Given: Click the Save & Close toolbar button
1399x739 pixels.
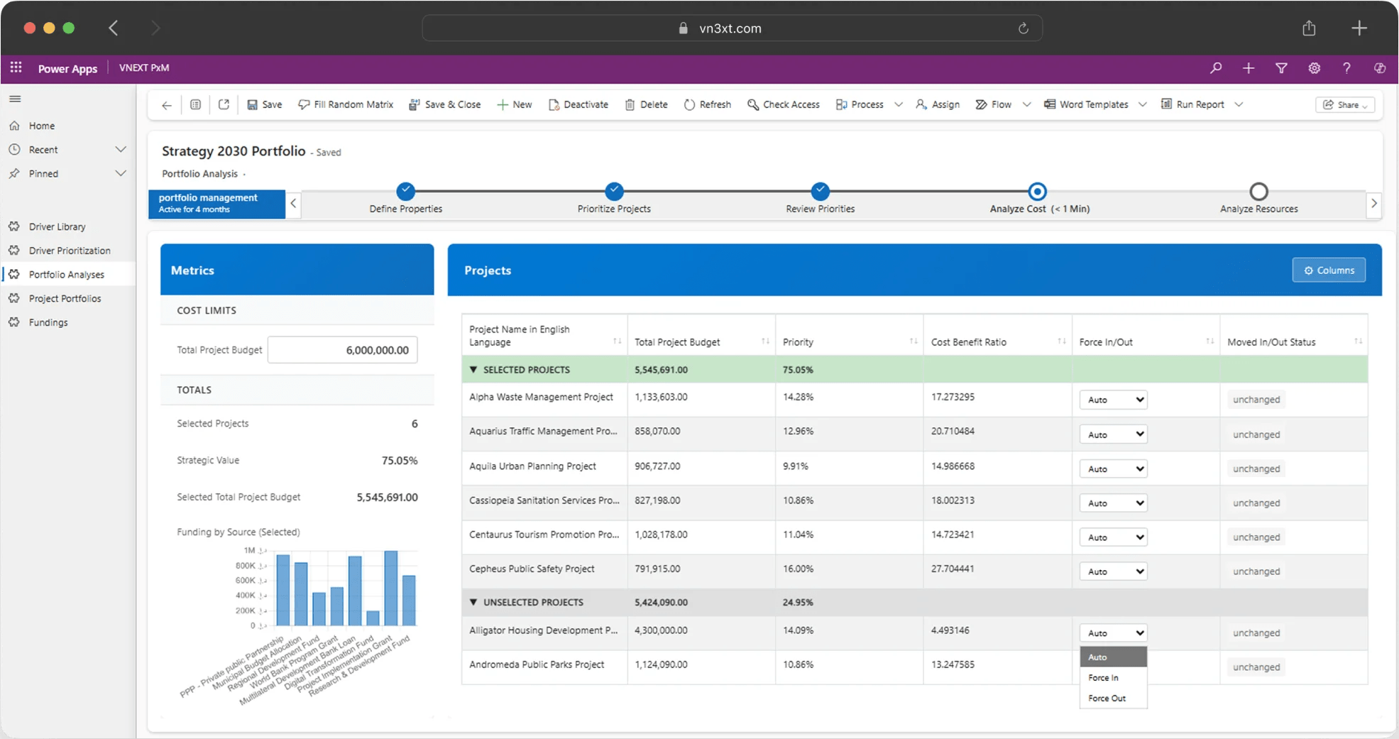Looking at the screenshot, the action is click(445, 104).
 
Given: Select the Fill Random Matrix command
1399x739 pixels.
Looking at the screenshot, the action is click(346, 104).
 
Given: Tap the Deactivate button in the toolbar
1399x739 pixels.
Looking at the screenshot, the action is click(578, 104).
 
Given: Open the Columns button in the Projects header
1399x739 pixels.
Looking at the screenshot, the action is click(1329, 270).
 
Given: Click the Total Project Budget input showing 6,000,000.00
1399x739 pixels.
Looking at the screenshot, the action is click(343, 350).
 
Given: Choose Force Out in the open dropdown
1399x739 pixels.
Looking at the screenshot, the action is click(1107, 699).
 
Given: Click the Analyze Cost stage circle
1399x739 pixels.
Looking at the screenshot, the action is click(1037, 191).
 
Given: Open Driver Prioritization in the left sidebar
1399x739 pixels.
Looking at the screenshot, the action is click(70, 251).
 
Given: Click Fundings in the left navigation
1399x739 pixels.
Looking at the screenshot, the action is click(48, 322).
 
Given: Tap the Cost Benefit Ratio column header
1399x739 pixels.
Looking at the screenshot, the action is click(969, 342).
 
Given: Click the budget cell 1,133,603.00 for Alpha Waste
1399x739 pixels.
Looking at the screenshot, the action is click(661, 397).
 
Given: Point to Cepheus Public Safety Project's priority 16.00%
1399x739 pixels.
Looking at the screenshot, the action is click(799, 569).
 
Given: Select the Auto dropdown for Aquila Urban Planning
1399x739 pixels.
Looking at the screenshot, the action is click(1113, 469).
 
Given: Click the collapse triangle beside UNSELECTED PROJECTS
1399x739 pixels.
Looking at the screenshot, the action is click(473, 602).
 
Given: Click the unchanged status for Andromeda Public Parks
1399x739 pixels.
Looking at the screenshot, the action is click(1256, 667).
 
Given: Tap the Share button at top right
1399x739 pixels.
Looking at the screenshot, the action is click(1345, 104).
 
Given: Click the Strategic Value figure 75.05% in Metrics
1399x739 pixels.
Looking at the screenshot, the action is click(400, 461).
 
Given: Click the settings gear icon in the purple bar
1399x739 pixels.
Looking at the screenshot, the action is click(1315, 68).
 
